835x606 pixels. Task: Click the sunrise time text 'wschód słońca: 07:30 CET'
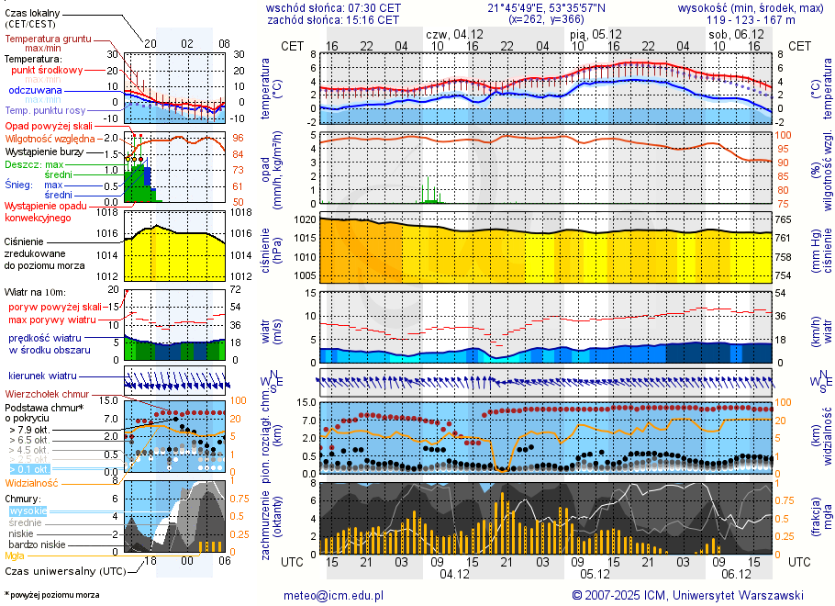[333, 7]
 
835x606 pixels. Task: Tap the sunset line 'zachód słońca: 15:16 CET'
[333, 19]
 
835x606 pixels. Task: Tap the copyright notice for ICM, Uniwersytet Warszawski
[687, 595]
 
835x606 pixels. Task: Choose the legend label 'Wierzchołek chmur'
[47, 393]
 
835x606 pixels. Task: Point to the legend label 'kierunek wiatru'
[42, 376]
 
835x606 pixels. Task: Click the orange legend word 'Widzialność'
[31, 482]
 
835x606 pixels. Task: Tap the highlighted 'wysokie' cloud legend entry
[28, 511]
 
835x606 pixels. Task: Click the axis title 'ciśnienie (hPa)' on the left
[272, 248]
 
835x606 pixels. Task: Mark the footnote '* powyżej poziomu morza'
[52, 595]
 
